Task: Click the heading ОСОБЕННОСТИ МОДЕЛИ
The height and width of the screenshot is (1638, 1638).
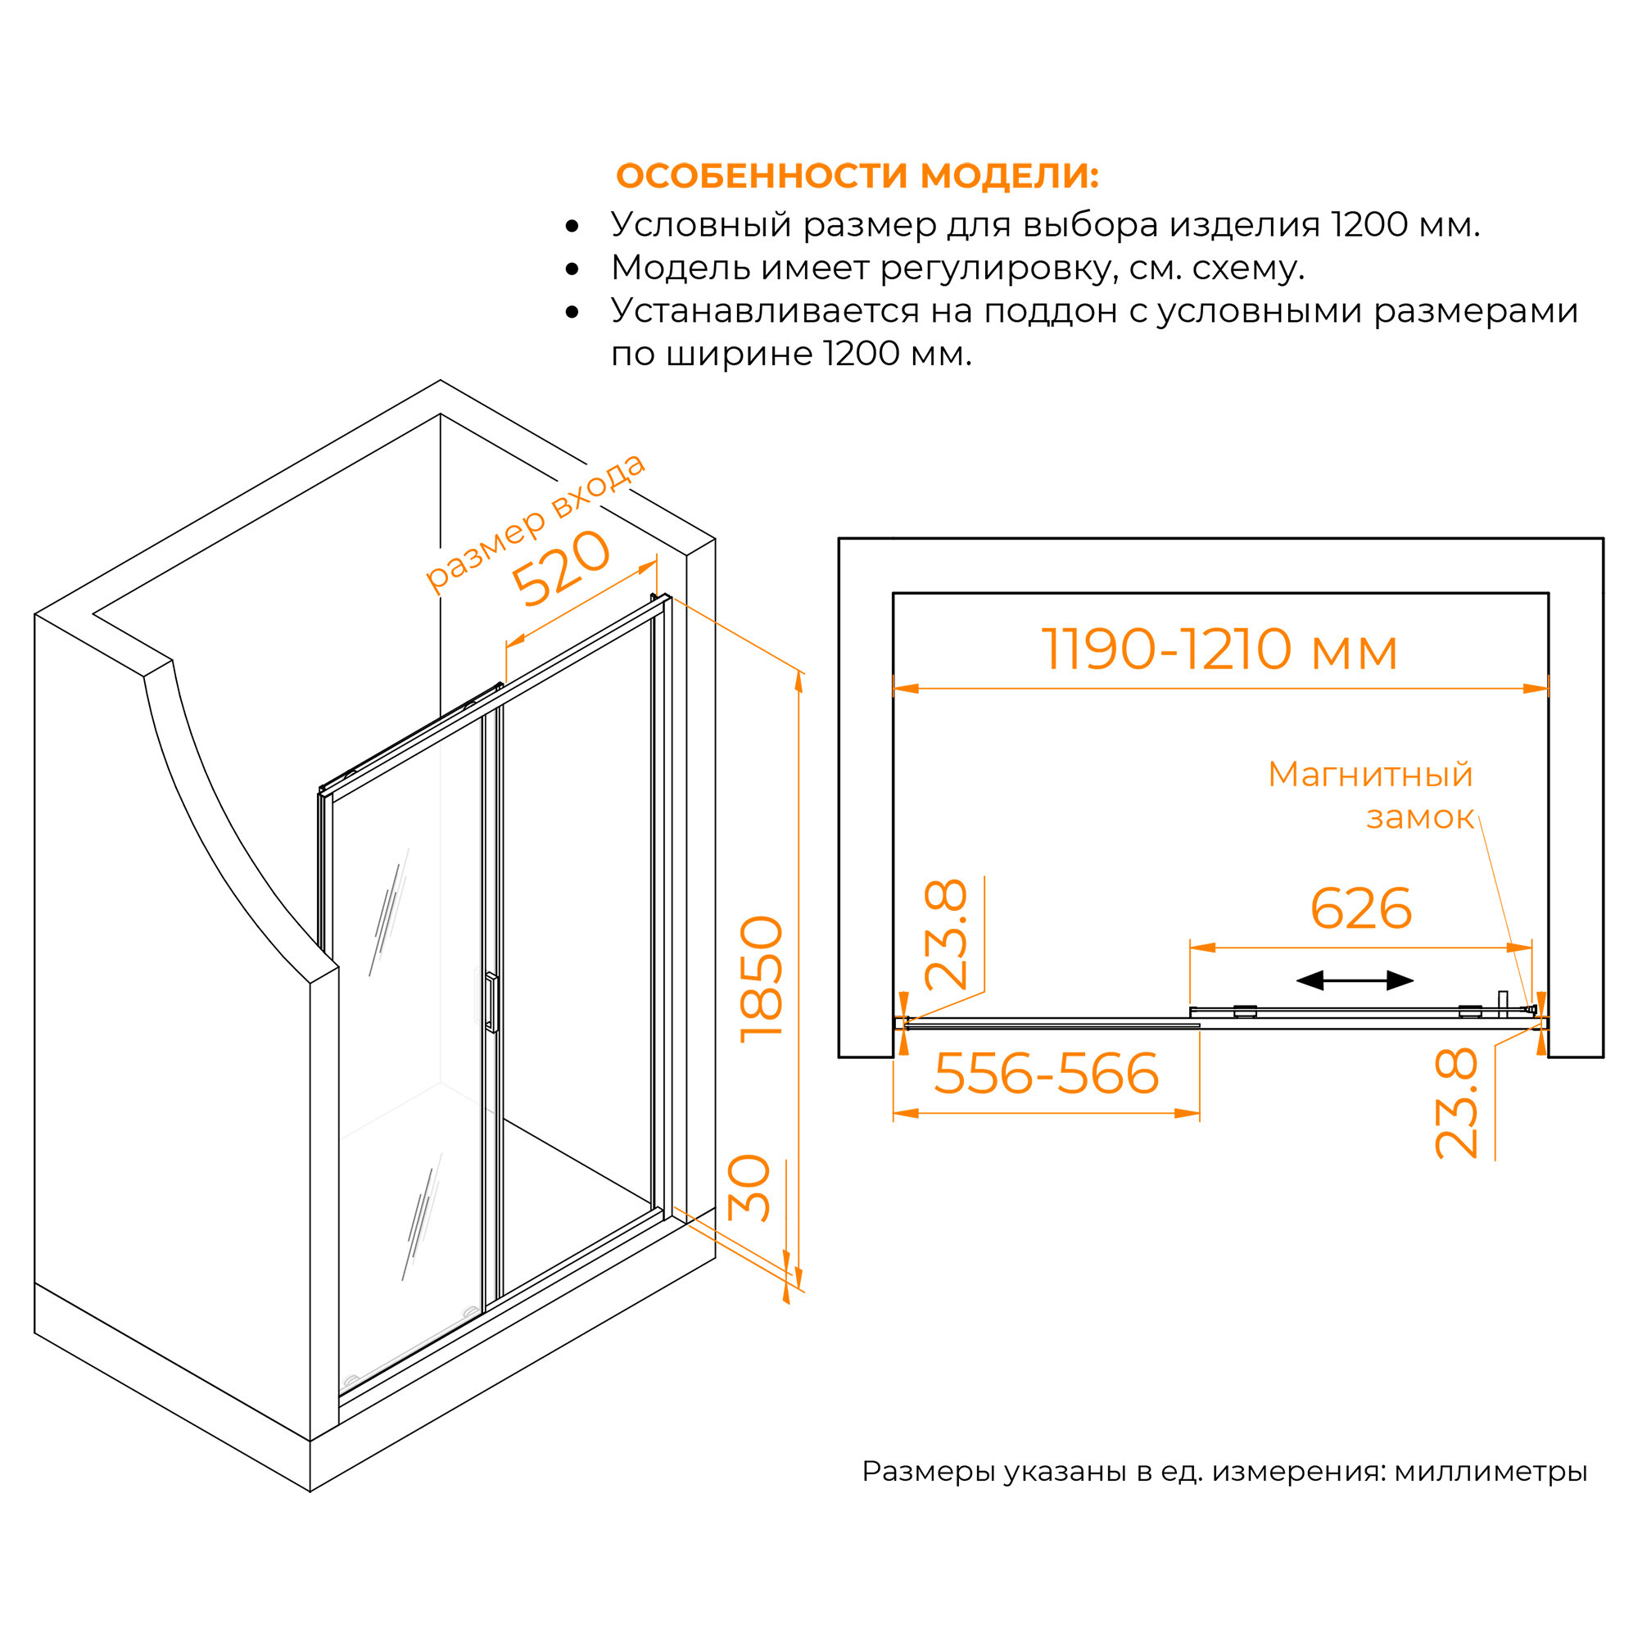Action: [x=857, y=175]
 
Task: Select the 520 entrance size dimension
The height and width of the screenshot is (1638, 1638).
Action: [x=560, y=568]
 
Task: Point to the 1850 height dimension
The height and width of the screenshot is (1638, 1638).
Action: [x=762, y=980]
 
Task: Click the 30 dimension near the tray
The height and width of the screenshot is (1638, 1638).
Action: [x=749, y=1188]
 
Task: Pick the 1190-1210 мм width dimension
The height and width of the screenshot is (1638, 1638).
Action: [x=1219, y=650]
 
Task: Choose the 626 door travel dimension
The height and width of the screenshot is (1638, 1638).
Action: [x=1360, y=909]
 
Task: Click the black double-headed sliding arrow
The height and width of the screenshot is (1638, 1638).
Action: [x=1355, y=981]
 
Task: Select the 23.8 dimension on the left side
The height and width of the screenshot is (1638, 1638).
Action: [x=945, y=935]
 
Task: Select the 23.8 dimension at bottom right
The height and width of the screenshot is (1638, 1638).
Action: [x=1455, y=1103]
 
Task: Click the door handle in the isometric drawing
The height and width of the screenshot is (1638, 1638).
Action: [x=491, y=1002]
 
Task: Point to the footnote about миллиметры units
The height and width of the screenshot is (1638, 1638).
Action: [x=1224, y=1471]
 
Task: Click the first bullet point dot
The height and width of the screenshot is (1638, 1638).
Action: [x=572, y=226]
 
